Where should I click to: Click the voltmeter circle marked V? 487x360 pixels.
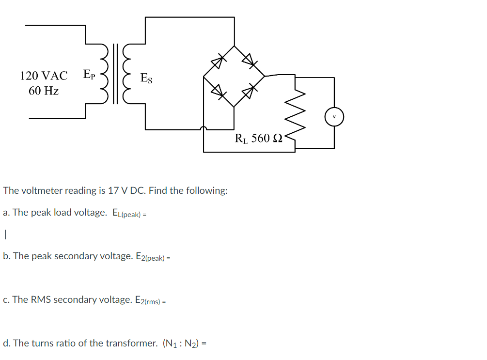(334, 117)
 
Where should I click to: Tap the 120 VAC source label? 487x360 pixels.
(44, 76)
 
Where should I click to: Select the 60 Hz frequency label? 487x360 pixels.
(44, 91)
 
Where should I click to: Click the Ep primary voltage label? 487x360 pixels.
(89, 74)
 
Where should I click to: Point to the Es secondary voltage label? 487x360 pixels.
(146, 78)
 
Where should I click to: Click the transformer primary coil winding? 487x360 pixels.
(104, 74)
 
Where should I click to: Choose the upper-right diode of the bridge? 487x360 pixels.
(249, 61)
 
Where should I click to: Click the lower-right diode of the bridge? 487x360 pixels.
(249, 91)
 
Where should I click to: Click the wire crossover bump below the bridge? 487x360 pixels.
(204, 128)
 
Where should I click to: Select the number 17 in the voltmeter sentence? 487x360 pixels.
(113, 190)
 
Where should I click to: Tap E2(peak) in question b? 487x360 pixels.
(150, 257)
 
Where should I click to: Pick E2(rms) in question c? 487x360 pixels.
(147, 300)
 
